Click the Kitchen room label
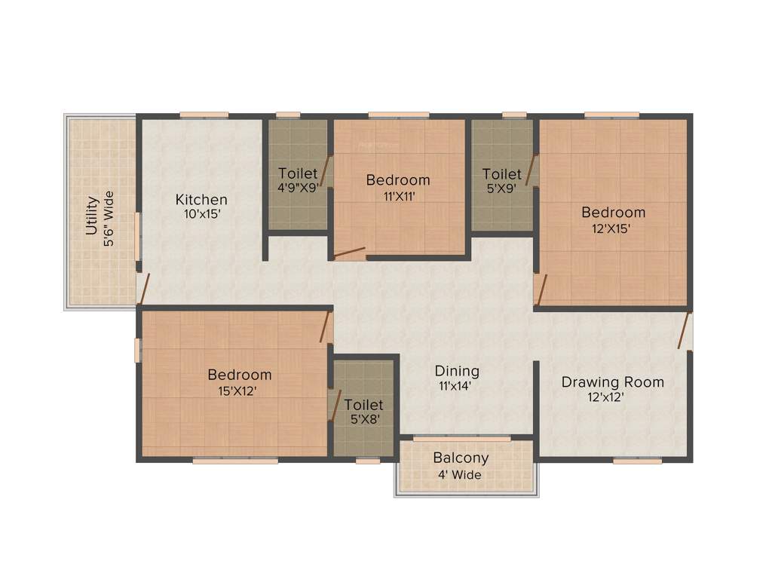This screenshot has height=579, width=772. point(201,200)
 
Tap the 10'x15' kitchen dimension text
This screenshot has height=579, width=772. point(201,213)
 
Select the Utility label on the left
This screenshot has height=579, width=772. point(92,216)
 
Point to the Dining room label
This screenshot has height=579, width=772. point(457,371)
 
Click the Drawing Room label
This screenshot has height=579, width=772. point(612,382)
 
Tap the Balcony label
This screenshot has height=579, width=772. point(461,458)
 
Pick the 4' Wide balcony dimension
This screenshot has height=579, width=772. point(461,474)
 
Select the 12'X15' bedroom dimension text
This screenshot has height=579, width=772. point(612,227)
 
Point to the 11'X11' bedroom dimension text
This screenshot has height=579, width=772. point(397,195)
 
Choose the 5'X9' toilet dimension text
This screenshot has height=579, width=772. point(501,188)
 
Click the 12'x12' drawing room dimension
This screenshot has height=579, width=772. point(607,397)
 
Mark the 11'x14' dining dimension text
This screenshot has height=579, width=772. point(457,385)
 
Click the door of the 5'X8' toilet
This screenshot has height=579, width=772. point(336,405)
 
